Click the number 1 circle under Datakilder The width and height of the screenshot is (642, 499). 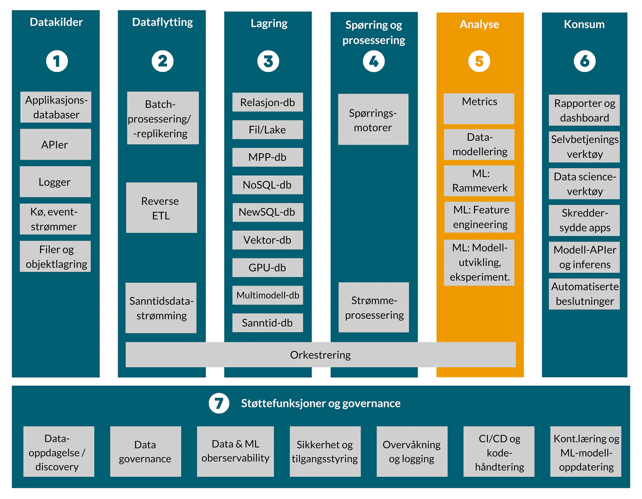[57, 61]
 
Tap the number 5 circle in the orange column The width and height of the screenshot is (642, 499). [479, 61]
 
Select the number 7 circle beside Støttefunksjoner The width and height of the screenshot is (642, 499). [219, 403]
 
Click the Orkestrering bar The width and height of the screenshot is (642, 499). [320, 355]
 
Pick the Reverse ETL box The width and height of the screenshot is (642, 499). [161, 208]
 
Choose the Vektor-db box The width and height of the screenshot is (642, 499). [267, 240]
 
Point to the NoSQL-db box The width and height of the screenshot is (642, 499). [267, 185]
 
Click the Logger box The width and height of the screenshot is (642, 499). [55, 182]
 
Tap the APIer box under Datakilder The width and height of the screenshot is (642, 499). [55, 145]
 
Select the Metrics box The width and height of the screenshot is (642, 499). [479, 108]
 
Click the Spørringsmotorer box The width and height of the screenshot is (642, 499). [373, 120]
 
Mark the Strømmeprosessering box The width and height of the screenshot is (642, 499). [374, 308]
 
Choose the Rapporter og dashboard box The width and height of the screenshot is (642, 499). [584, 110]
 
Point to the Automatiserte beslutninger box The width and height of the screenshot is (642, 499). [584, 294]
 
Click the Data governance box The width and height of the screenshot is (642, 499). [145, 451]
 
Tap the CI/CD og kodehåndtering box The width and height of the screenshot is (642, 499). [499, 452]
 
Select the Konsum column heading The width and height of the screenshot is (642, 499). [584, 24]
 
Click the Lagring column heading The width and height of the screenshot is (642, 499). [269, 23]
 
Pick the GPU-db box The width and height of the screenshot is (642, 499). [267, 268]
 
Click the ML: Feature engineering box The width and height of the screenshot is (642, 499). [480, 217]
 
